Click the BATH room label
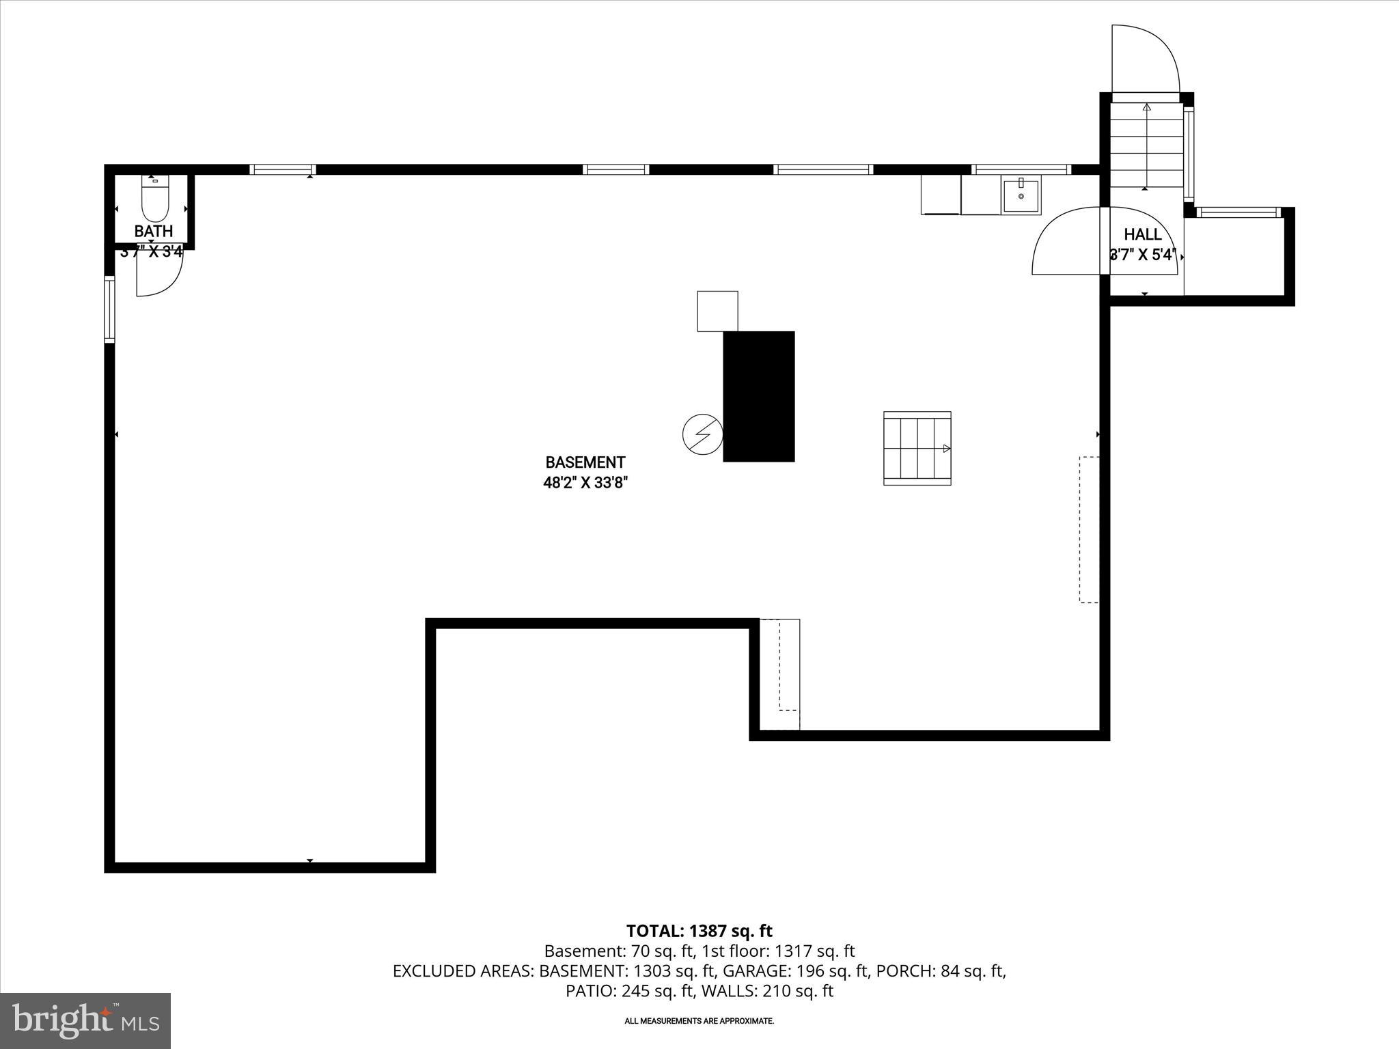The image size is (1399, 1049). click(x=154, y=231)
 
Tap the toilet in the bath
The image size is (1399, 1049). click(x=154, y=197)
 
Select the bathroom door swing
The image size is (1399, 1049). click(x=158, y=273)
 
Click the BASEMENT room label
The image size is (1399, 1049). click(x=585, y=462)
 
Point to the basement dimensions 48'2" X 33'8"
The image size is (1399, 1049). click(x=585, y=483)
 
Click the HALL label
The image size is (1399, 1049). click(x=1142, y=234)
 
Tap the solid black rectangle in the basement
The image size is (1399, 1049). click(x=758, y=396)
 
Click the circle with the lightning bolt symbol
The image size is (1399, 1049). click(x=703, y=434)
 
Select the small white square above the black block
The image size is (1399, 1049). click(x=717, y=311)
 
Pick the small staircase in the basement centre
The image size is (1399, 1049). click(x=917, y=448)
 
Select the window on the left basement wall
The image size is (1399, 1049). click(x=109, y=309)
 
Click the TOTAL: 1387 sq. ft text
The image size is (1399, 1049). click(x=699, y=931)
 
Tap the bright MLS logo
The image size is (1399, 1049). click(x=85, y=1020)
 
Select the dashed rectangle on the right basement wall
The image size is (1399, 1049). click(x=1089, y=529)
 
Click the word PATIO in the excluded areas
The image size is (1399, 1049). click(x=591, y=991)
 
